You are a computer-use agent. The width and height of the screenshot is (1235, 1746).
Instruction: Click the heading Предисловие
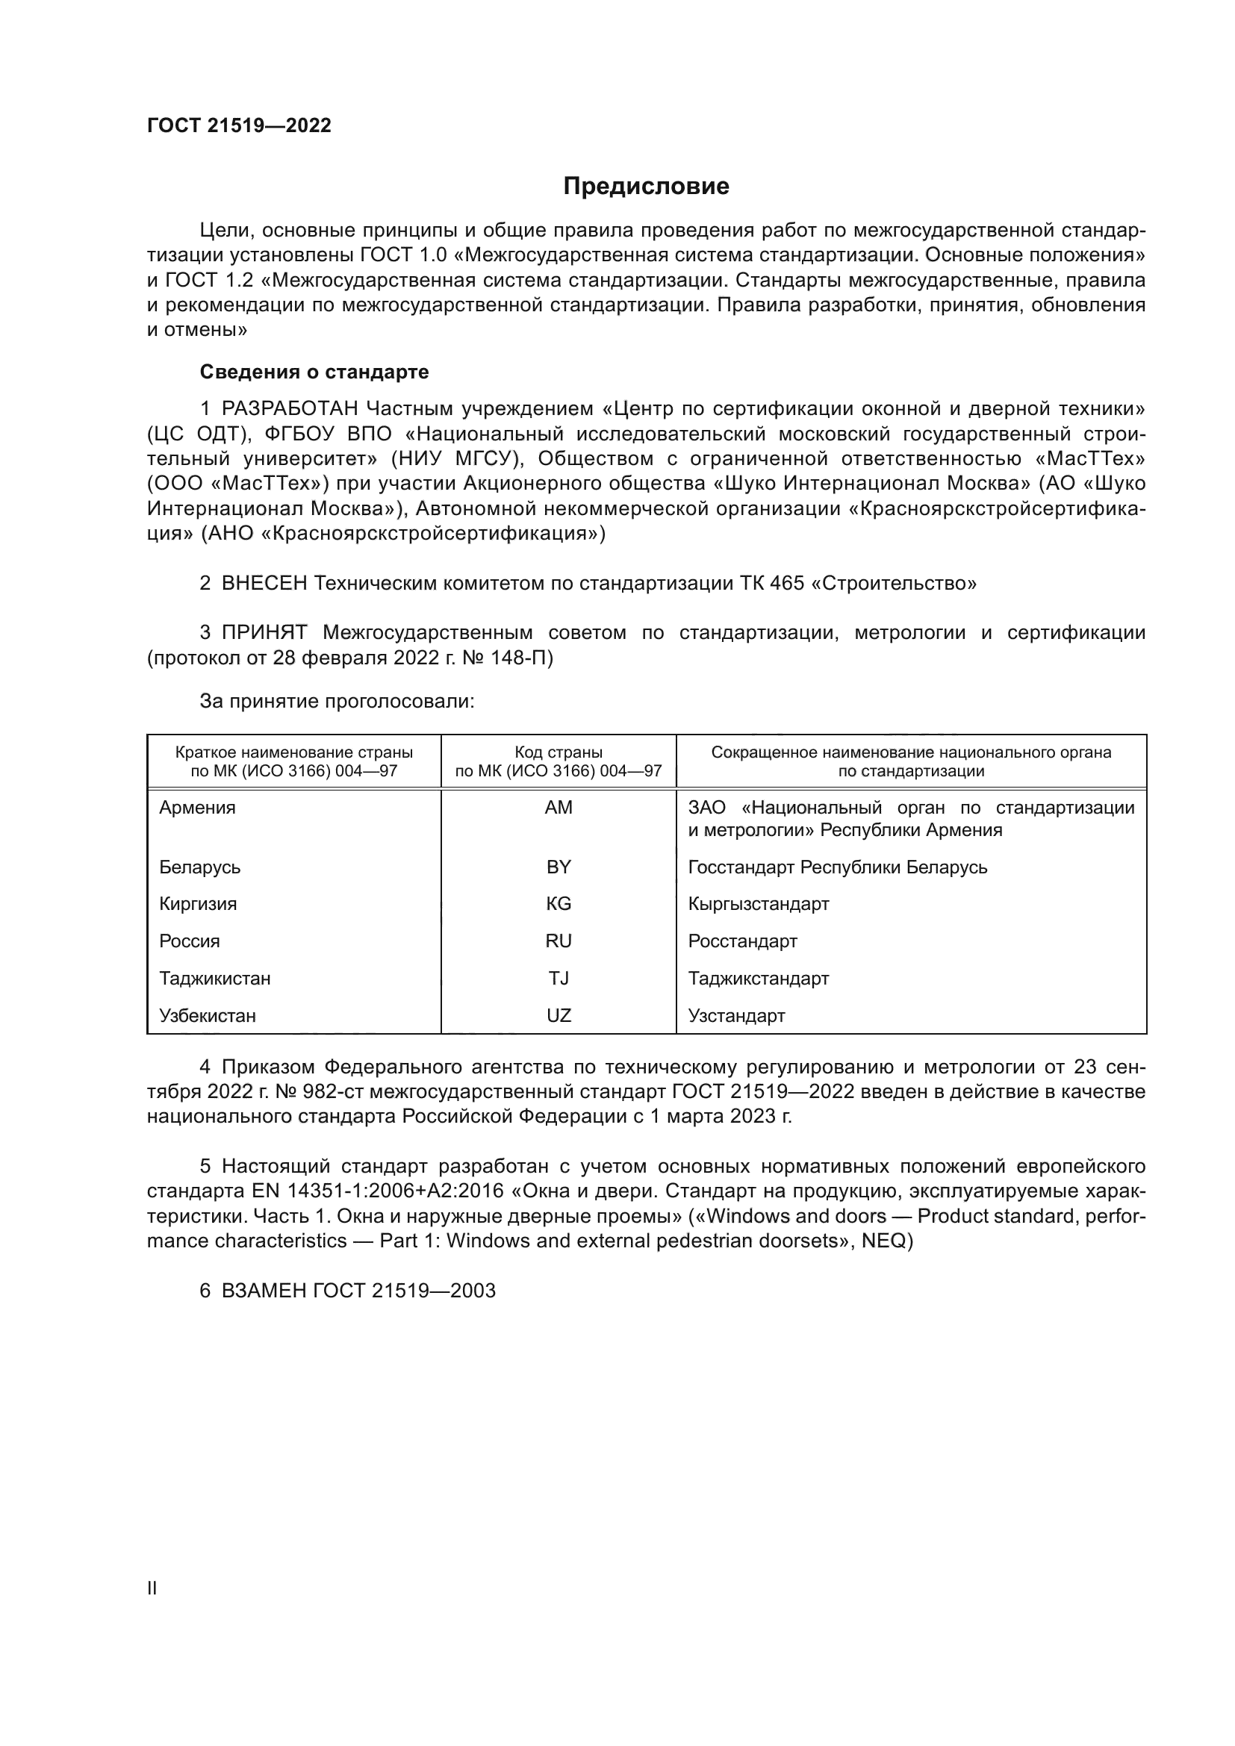646,187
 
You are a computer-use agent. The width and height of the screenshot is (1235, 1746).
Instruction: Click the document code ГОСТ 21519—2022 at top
239,125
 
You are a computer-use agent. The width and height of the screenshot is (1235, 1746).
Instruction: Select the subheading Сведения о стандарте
314,372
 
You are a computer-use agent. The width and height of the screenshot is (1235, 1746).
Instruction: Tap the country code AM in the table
559,808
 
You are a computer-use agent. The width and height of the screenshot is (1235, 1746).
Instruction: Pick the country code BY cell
559,867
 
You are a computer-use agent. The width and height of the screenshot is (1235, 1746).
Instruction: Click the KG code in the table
559,904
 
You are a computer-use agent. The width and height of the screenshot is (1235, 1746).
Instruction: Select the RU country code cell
559,941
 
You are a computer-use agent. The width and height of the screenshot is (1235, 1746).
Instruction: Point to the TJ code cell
559,979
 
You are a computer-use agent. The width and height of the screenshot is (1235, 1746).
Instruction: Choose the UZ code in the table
559,1016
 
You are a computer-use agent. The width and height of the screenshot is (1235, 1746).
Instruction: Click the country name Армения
198,808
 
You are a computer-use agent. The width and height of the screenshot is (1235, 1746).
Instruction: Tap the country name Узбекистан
208,1016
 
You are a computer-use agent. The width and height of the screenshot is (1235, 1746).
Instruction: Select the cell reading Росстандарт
742,941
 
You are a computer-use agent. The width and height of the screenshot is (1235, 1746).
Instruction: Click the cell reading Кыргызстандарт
758,904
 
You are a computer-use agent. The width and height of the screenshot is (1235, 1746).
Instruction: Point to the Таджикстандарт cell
758,979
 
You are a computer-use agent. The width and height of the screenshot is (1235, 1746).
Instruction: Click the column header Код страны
559,753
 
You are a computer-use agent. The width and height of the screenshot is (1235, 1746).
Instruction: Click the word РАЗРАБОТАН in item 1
289,409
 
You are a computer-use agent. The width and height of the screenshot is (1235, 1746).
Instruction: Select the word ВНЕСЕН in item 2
264,583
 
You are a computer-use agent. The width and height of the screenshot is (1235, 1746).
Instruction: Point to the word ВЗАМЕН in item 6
264,1291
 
